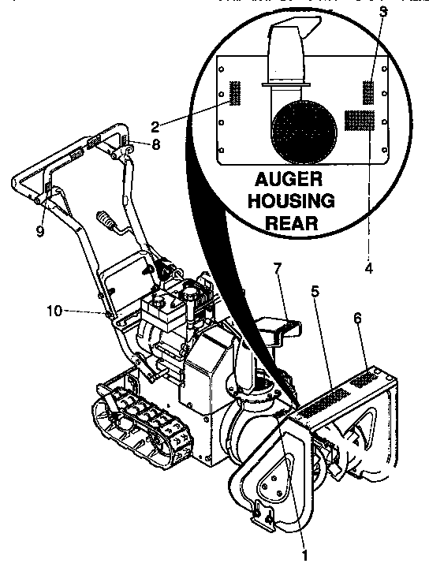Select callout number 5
[x=315, y=291]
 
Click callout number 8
[x=155, y=144]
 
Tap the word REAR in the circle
[x=292, y=222]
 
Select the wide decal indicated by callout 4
[x=359, y=121]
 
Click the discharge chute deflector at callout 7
[x=279, y=330]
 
